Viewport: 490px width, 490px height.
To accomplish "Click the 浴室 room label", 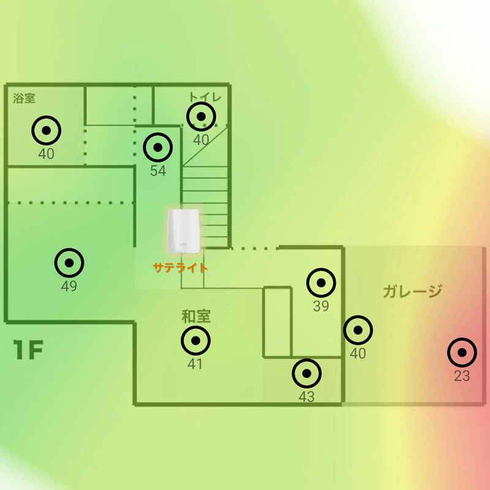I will click(24, 98).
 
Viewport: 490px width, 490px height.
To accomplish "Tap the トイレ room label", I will click(205, 97).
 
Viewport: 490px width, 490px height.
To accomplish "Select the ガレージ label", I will click(412, 291).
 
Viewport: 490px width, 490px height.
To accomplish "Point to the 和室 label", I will click(196, 317).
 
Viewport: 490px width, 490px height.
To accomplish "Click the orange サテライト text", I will click(181, 268).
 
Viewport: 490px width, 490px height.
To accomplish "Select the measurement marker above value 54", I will click(158, 147).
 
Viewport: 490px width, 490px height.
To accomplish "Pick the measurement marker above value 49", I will click(69, 262).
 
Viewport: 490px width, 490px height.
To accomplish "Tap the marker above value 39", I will click(321, 283).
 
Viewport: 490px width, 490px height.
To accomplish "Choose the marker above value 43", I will click(307, 372).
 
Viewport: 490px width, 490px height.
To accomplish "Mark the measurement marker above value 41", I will click(195, 341).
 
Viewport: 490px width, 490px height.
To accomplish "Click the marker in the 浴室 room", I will click(47, 130).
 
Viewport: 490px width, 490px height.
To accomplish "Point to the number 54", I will click(158, 171).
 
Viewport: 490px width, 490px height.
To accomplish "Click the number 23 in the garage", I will click(462, 376).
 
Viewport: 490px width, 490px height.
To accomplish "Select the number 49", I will click(69, 286).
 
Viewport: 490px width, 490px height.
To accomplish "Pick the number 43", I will click(306, 397).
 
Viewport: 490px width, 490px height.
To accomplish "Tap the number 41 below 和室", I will click(195, 364).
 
